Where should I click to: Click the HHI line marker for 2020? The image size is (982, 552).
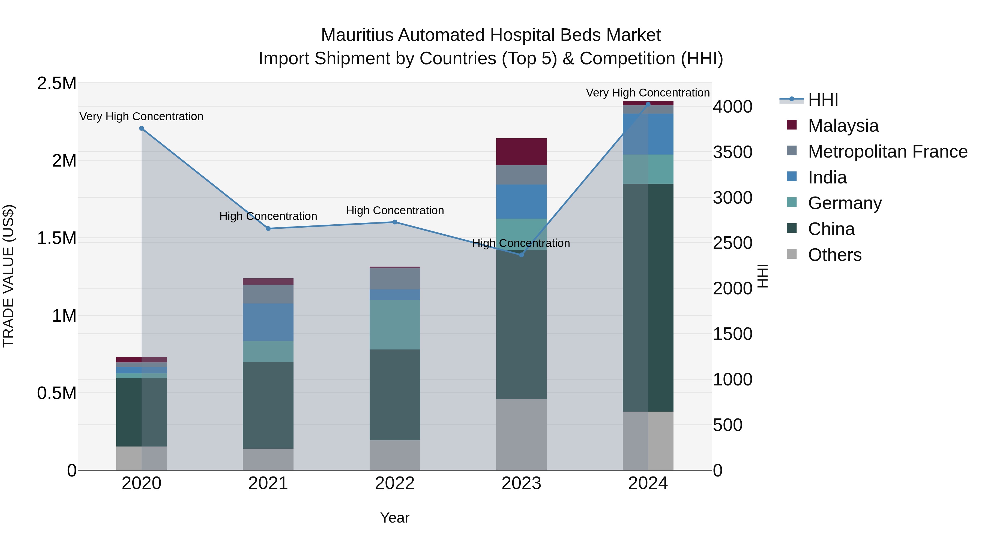pos(141,128)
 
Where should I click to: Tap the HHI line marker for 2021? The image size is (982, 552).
pos(268,229)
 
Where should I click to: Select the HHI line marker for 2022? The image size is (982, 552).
pos(395,222)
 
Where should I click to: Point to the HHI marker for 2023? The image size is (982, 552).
pos(522,255)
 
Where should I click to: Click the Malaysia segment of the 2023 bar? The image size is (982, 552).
pos(522,152)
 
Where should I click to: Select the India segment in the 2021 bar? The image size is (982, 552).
pos(268,322)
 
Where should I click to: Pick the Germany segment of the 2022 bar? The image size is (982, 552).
pos(395,325)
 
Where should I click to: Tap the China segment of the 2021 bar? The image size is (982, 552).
pos(268,405)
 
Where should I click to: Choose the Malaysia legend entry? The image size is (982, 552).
pos(843,126)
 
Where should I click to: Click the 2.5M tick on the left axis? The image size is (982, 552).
pos(57,83)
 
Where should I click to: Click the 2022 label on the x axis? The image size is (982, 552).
pos(395,483)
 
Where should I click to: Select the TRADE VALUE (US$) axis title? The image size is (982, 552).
pos(8,276)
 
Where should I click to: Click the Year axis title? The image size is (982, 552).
pos(395,518)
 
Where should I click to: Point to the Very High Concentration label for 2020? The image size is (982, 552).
pos(141,116)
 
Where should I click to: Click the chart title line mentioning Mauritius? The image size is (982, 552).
pos(491,35)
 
